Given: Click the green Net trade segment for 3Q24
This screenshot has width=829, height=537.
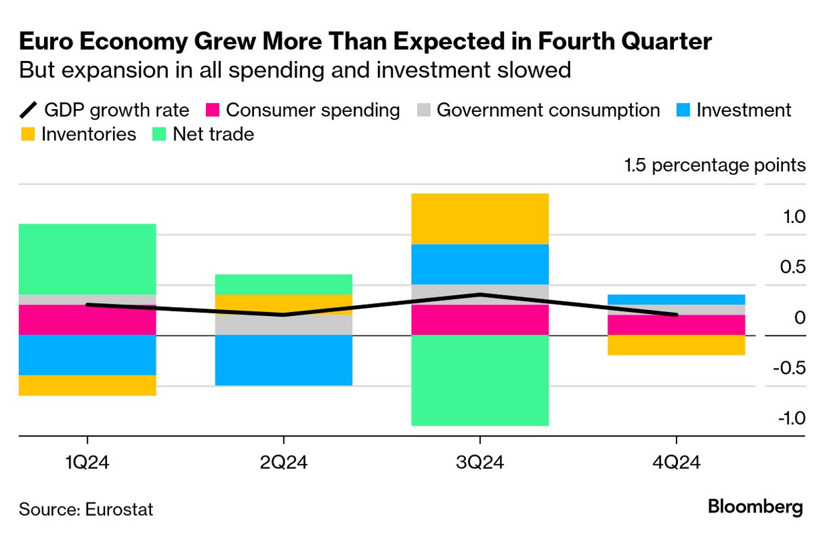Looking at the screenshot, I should pos(480,380).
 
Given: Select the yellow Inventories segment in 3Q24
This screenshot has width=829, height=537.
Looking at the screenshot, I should pos(480,218).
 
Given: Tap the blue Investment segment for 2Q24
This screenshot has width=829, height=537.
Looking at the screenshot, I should pos(284,360).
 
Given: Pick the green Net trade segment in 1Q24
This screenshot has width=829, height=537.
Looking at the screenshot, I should pos(87,259).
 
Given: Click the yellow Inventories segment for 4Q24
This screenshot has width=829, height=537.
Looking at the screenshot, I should pos(676,345).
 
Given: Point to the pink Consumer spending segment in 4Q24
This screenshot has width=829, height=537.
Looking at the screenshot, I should pos(676,325).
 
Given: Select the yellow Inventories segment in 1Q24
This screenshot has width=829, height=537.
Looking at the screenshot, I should pos(87,385).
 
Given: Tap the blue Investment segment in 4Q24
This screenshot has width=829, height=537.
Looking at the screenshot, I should pos(676,299).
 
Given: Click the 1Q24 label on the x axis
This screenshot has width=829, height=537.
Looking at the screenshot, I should pos(87,464).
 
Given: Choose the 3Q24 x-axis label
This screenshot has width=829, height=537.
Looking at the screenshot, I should pos(480,464).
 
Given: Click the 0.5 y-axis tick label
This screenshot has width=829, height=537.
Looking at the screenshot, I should pos(790,267).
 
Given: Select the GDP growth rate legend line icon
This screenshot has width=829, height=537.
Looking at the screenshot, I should pos(28,110).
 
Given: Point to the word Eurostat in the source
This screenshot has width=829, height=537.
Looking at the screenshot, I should pos(119,509).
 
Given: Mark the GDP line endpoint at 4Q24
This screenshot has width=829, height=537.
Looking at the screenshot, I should pos(676,315).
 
